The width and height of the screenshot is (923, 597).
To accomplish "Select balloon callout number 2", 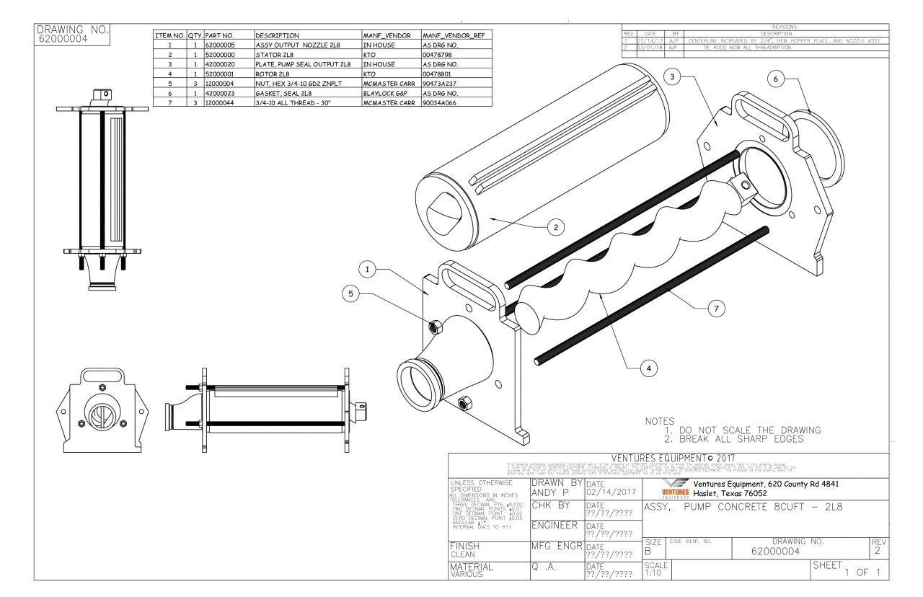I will [555, 228].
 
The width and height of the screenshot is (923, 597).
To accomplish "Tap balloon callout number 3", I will [672, 78].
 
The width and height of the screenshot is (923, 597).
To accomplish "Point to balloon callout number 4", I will [649, 368].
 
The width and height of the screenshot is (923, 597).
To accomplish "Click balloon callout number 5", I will [351, 294].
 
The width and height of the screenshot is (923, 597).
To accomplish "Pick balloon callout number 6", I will [776, 80].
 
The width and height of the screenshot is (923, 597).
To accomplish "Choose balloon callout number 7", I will [715, 309].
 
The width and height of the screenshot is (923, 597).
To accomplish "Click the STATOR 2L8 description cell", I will [307, 54].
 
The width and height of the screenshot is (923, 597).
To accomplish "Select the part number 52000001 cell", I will [228, 74].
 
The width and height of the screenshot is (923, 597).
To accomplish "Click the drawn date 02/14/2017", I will [611, 492].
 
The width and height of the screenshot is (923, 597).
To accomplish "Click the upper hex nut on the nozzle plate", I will [436, 327].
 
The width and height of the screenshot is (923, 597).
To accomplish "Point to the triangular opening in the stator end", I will [444, 209].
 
